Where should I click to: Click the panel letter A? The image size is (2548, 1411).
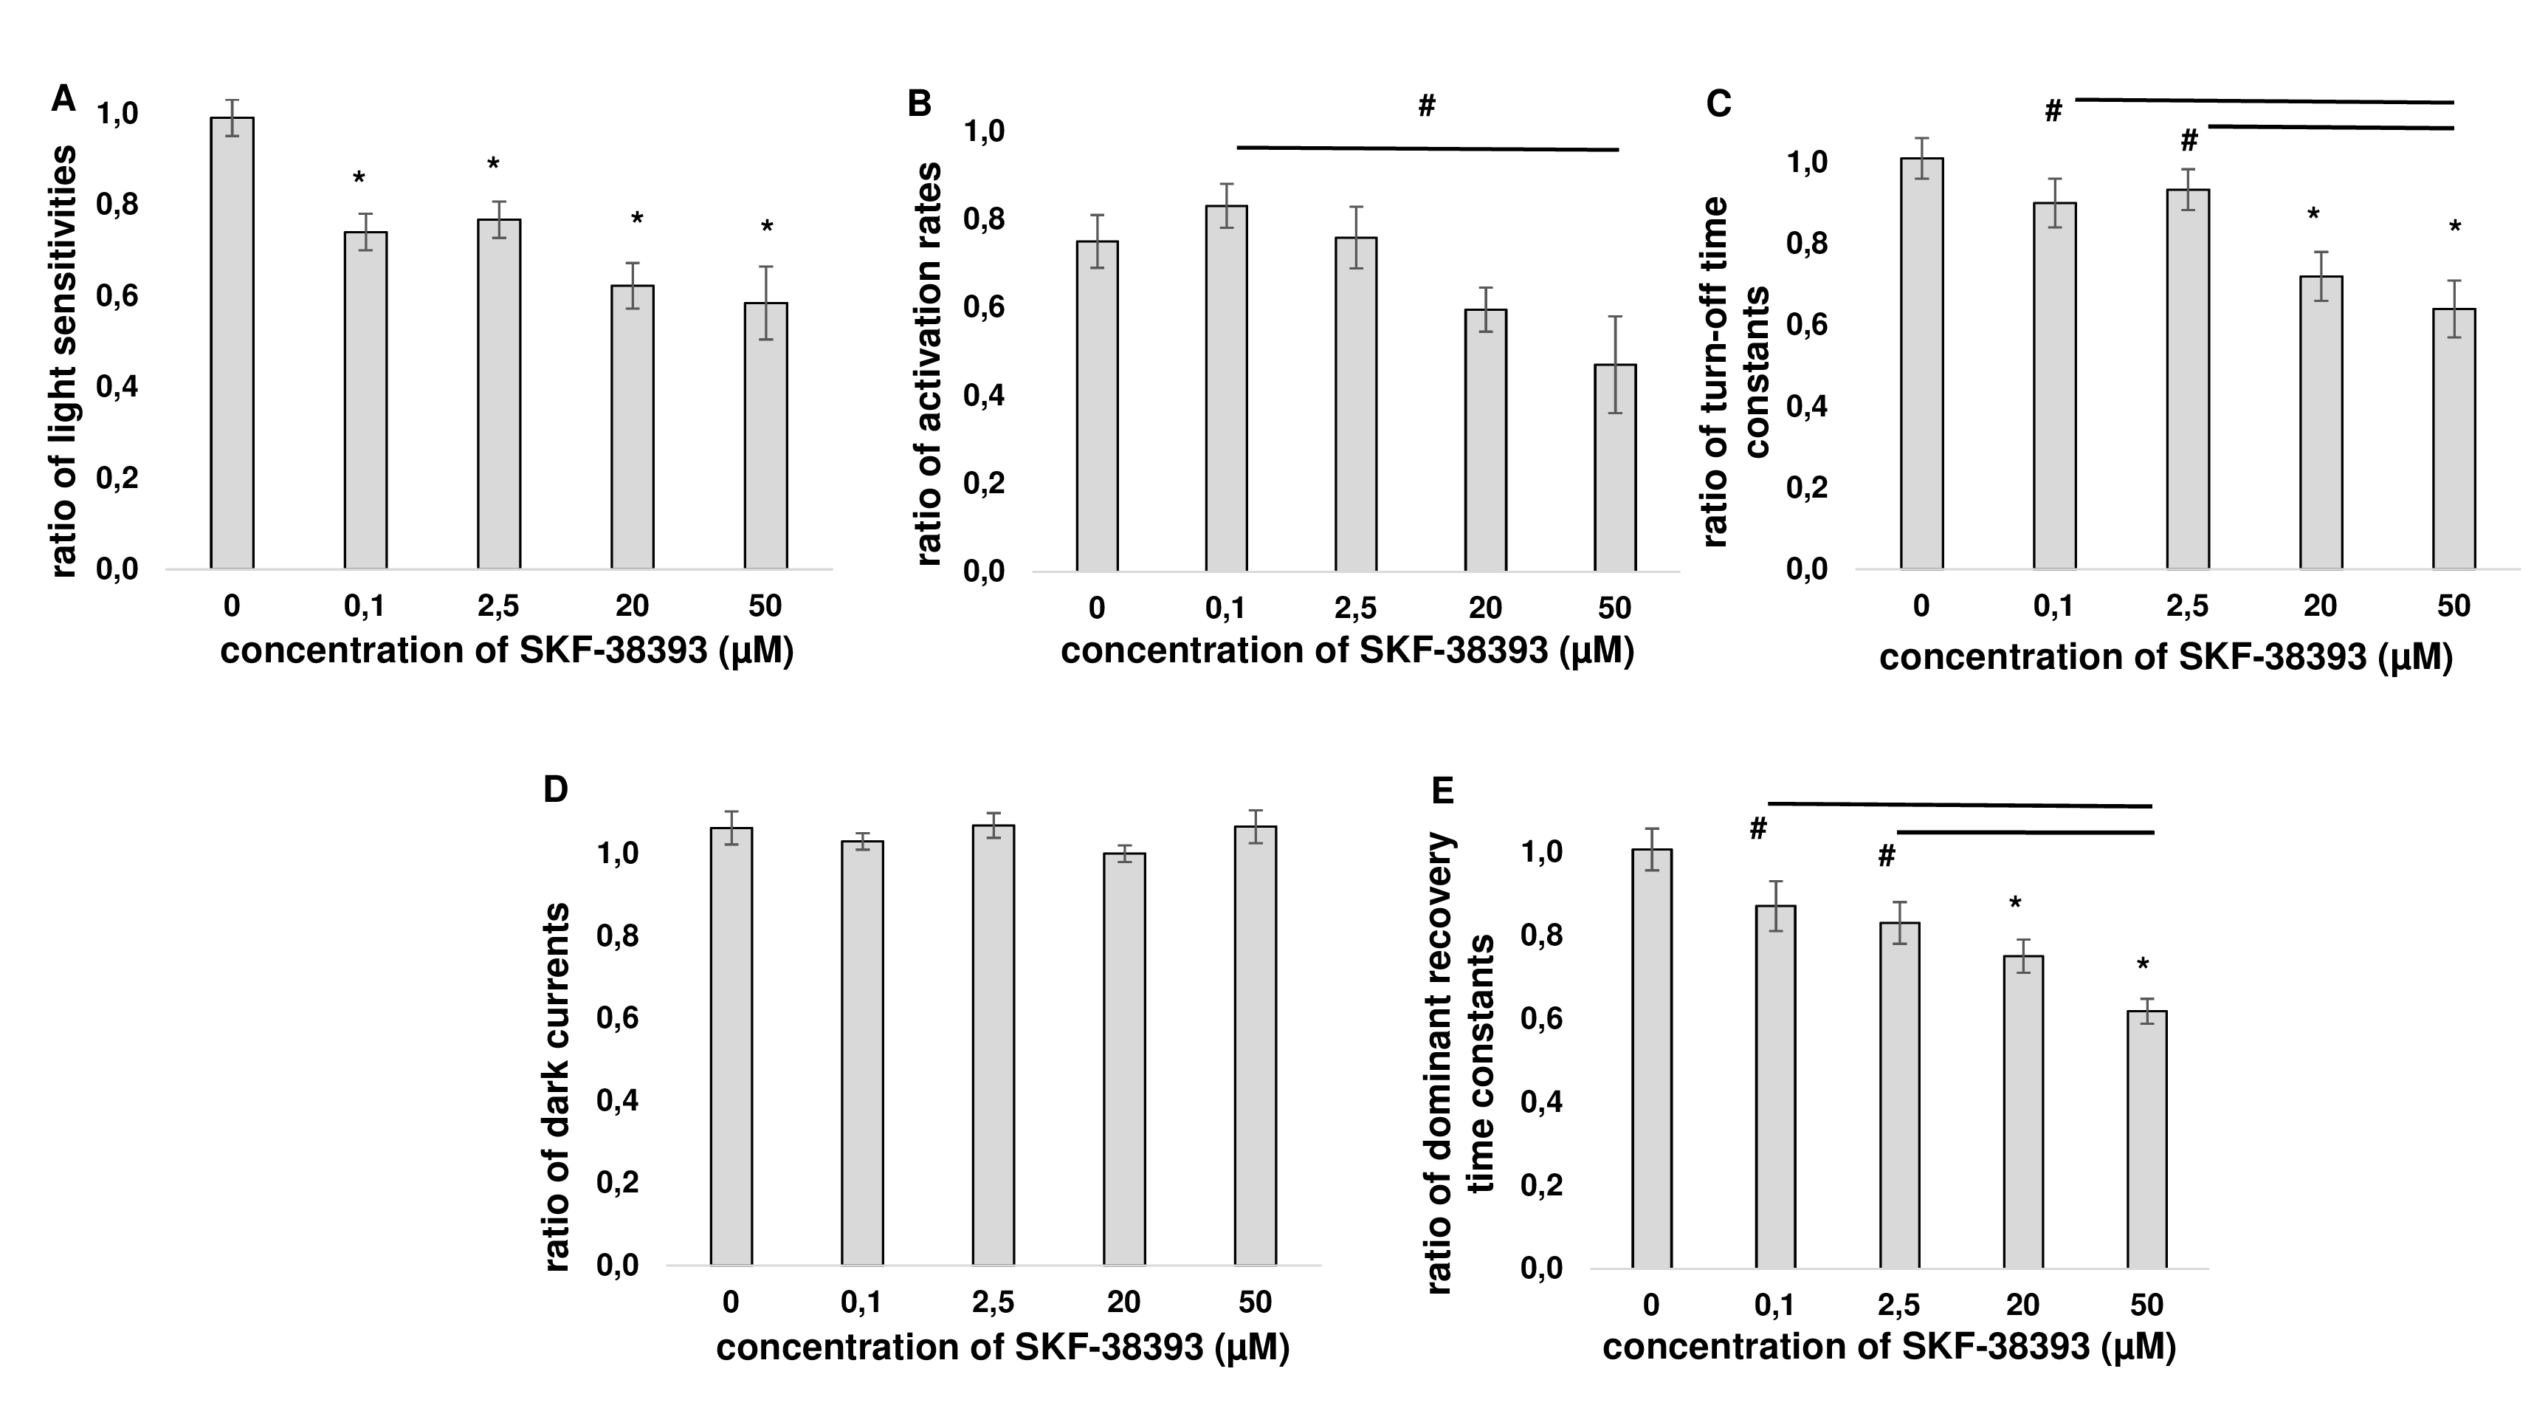[63, 99]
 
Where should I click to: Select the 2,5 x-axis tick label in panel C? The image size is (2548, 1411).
[2187, 605]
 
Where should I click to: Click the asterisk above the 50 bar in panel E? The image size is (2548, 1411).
[2143, 966]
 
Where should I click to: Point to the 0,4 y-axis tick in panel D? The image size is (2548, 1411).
[616, 1102]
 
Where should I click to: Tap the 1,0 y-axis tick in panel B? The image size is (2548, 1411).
[983, 131]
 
